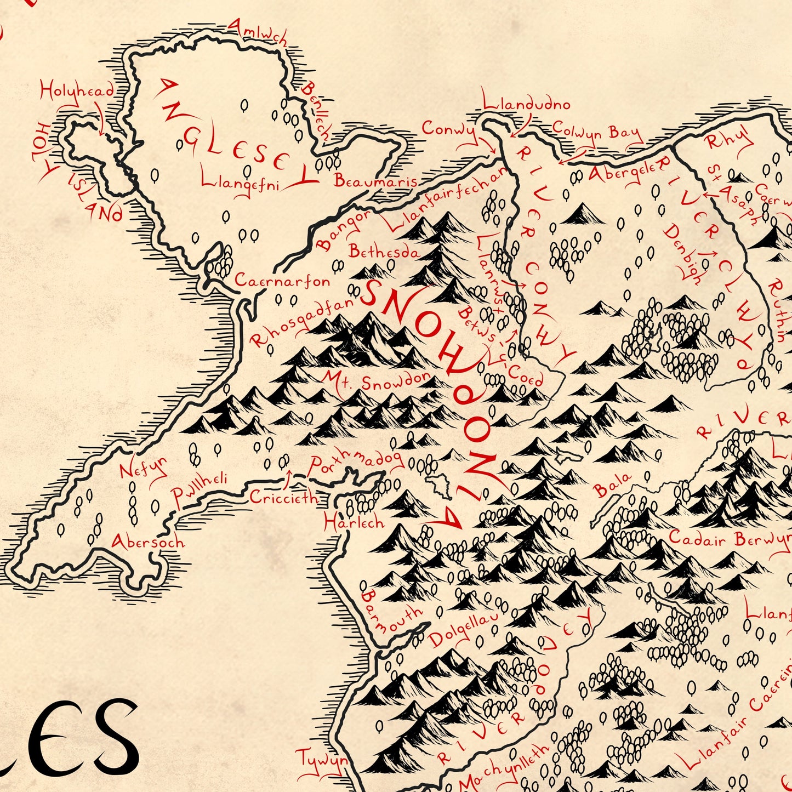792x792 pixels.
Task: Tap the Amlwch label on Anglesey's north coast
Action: pos(257,32)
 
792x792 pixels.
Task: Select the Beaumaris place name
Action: pos(375,181)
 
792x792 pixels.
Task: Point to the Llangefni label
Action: pos(240,182)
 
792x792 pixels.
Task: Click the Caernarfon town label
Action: pos(282,281)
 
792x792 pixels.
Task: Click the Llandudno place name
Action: pos(526,104)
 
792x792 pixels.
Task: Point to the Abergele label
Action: pos(622,172)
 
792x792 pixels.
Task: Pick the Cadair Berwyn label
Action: pos(729,539)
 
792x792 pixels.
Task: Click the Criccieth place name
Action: pos(283,498)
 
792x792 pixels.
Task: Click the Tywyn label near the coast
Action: pos(322,761)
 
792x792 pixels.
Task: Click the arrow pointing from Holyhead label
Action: pos(101,123)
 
